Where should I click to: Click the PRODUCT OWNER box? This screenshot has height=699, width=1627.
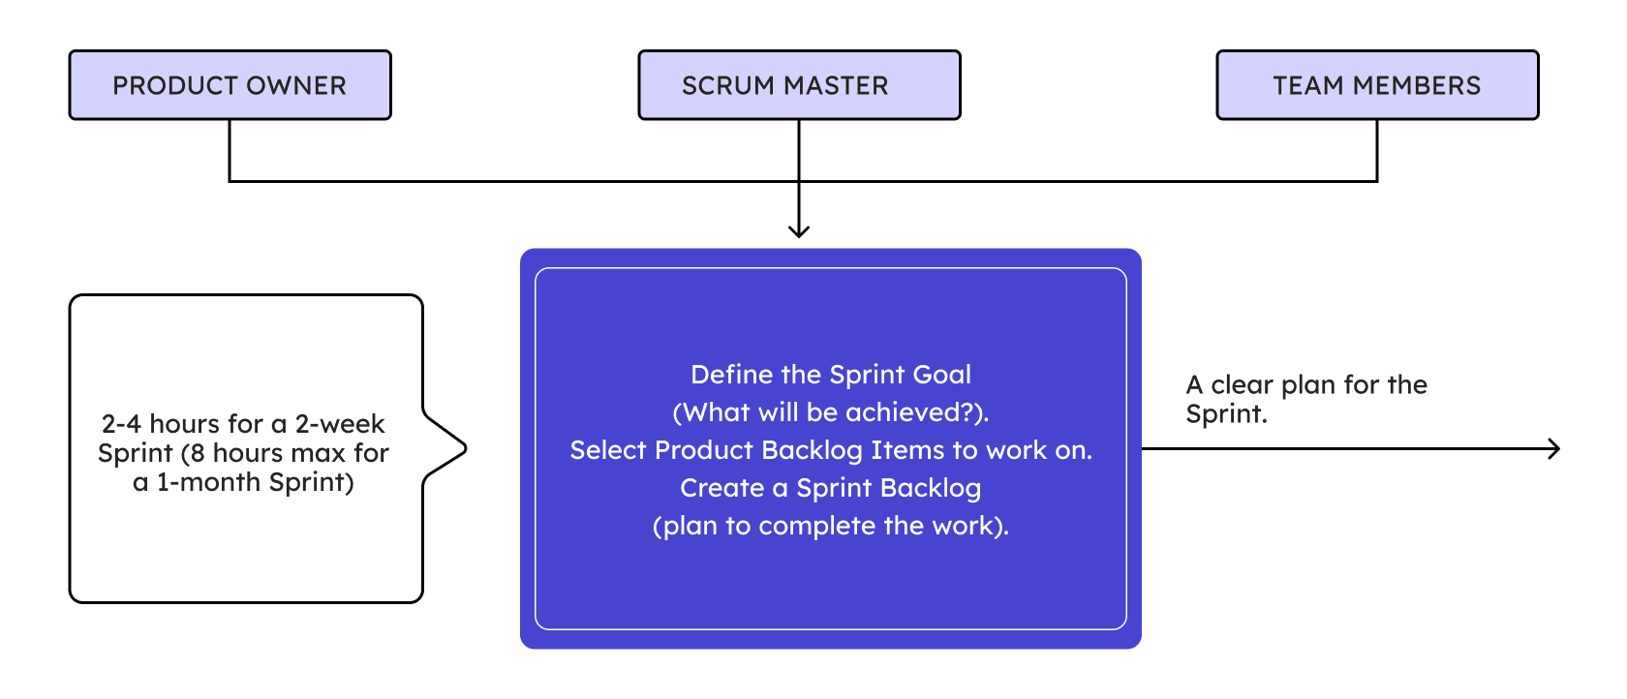pos(230,85)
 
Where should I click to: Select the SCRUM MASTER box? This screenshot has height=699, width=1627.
pos(800,85)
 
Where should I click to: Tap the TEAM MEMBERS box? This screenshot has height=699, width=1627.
pos(1378,85)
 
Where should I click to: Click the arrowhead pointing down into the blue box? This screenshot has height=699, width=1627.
pos(799,231)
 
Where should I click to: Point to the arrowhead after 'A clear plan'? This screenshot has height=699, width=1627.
pos(1554,448)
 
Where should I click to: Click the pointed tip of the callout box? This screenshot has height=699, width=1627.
pos(466,448)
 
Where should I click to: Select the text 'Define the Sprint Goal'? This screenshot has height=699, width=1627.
pos(830,375)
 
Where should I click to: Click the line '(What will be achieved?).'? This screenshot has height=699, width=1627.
pos(830,412)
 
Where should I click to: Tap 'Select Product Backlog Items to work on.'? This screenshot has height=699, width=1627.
pos(831,450)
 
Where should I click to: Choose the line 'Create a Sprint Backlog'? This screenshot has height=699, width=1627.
pos(830,488)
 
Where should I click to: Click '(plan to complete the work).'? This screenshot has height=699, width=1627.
pos(830,526)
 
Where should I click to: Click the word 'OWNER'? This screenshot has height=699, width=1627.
pos(296,85)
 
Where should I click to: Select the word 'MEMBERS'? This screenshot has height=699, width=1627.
pos(1417,85)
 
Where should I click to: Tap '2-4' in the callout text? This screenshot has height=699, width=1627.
pos(120,423)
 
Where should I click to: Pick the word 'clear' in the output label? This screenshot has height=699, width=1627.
pos(1242,384)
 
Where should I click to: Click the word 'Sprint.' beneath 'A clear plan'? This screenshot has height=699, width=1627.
pos(1227,413)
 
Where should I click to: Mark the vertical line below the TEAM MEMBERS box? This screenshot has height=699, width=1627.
pos(1377,150)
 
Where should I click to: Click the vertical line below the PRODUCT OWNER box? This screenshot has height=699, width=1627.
pos(230,150)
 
